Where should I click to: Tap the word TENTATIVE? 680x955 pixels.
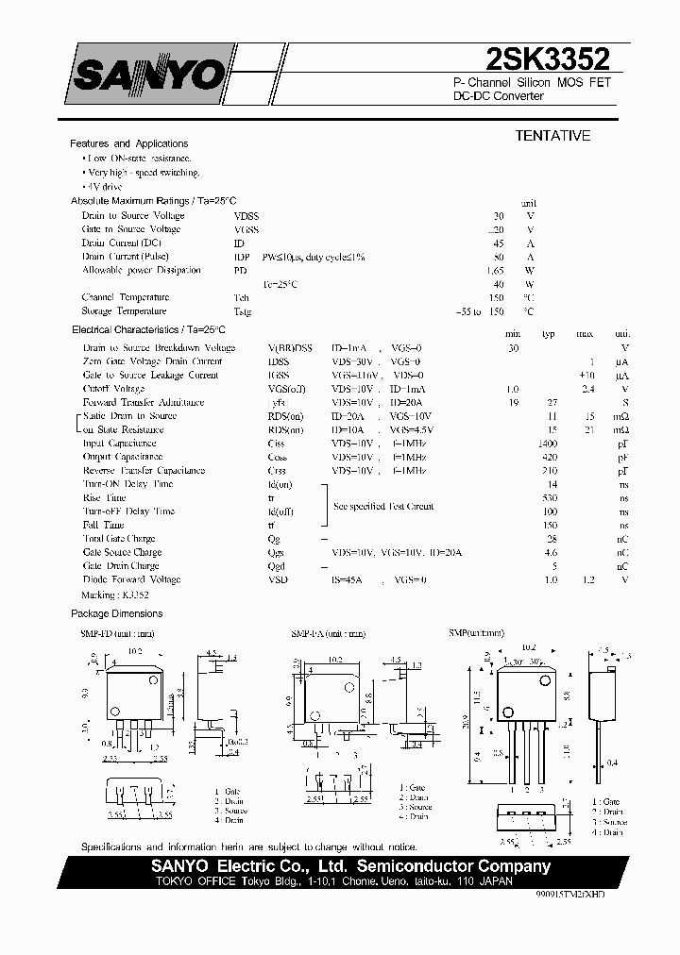pyautogui.click(x=552, y=136)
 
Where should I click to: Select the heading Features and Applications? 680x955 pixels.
pyautogui.click(x=129, y=143)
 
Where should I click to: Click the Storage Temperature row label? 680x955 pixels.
pyautogui.click(x=124, y=310)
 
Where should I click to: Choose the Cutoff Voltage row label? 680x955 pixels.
pyautogui.click(x=113, y=389)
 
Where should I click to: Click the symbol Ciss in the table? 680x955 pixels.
pyautogui.click(x=276, y=444)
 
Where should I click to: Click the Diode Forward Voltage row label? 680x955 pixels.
pyautogui.click(x=131, y=579)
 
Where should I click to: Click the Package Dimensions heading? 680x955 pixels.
pyautogui.click(x=117, y=614)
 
